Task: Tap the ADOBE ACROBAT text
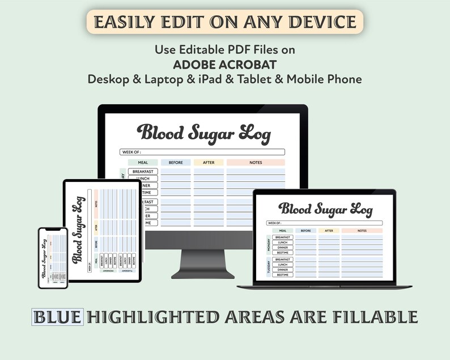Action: coord(224,64)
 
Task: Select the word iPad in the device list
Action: coord(223,79)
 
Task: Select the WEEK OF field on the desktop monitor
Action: coord(202,152)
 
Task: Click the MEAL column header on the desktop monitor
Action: coord(143,163)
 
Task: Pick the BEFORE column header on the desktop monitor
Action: coord(176,163)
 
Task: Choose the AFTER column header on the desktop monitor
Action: coord(209,163)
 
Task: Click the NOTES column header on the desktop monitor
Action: coord(256,163)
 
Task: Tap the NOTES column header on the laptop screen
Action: coord(362,231)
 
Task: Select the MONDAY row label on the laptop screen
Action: coord(269,244)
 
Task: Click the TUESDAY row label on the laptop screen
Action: coord(269,267)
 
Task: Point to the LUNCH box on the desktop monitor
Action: coord(143,178)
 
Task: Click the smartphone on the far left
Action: coord(53,258)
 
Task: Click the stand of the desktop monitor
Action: coord(203,264)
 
